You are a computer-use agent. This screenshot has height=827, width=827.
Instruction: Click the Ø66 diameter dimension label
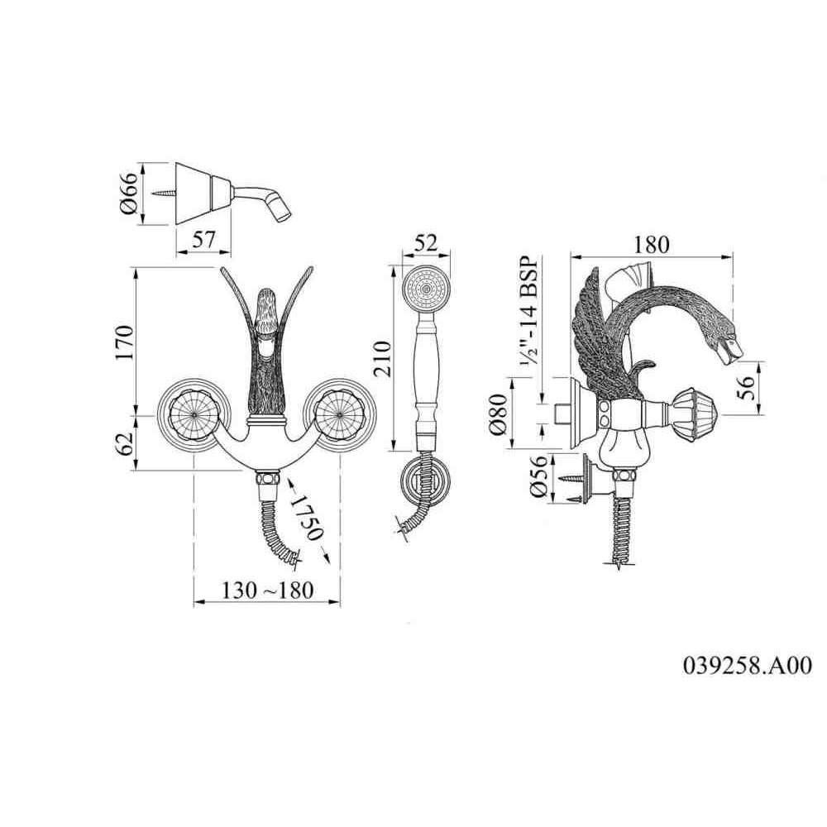[x=129, y=193]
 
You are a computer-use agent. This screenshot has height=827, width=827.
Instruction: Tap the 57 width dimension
[x=203, y=240]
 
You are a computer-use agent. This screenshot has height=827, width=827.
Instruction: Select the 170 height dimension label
[x=125, y=342]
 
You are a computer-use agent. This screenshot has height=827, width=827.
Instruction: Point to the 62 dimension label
[x=125, y=444]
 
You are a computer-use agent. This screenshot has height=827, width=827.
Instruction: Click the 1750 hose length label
[x=308, y=519]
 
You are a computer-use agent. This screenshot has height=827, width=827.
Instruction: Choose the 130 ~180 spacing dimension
[x=267, y=590]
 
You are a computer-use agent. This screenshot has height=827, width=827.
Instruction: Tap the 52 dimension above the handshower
[x=426, y=243]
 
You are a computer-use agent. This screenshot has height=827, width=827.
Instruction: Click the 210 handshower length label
[x=382, y=359]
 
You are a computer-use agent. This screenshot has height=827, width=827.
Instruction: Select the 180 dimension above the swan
[x=652, y=244]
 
